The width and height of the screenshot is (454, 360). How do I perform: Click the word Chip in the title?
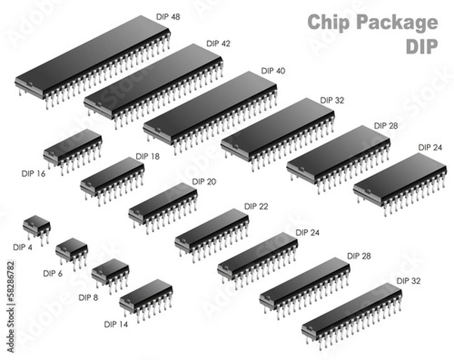coord(327,22)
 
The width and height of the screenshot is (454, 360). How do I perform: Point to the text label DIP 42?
coord(218,44)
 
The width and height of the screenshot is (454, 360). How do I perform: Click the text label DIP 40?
coord(273,71)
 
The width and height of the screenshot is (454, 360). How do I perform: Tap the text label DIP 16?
coord(32,174)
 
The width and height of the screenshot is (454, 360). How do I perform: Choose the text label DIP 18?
coord(148,157)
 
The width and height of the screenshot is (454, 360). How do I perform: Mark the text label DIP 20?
coord(204,182)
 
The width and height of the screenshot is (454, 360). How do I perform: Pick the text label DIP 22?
coord(256,206)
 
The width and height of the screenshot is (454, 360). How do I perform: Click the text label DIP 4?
coord(23,247)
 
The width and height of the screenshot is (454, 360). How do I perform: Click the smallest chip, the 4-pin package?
coord(36,225)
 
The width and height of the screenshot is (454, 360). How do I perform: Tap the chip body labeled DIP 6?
coord(72,247)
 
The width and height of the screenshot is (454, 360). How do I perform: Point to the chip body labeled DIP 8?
coord(110,269)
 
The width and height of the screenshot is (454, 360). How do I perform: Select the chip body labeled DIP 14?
coord(145,293)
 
